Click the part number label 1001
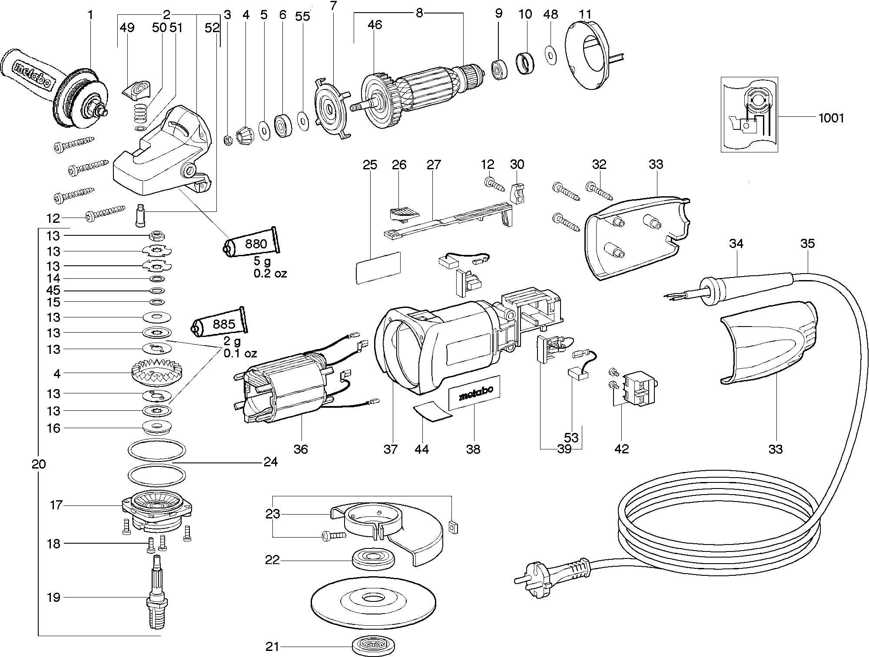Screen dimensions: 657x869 pyautogui.click(x=831, y=118)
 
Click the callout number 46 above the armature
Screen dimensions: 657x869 pyautogui.click(x=375, y=25)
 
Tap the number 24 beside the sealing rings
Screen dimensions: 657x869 pyautogui.click(x=270, y=462)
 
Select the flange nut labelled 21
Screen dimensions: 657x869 pyautogui.click(x=373, y=647)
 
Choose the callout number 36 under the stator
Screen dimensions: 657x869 pyautogui.click(x=300, y=449)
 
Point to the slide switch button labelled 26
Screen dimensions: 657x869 pyautogui.click(x=404, y=213)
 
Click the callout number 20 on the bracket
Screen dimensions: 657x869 pyautogui.click(x=39, y=465)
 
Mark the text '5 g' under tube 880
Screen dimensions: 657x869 pyautogui.click(x=262, y=262)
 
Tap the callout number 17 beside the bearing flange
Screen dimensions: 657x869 pyautogui.click(x=56, y=505)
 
